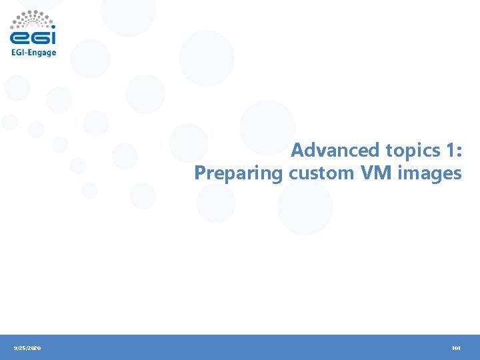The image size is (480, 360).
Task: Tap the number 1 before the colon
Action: [x=448, y=150]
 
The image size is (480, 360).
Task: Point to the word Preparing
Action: [x=239, y=173]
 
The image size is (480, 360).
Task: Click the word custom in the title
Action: [x=322, y=173]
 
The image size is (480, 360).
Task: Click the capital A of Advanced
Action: [x=297, y=150]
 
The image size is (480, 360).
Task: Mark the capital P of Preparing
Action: [x=199, y=173]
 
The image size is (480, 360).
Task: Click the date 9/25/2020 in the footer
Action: [x=27, y=348]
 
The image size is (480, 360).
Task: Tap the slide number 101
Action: [x=456, y=348]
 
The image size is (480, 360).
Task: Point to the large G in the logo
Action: [x=37, y=37]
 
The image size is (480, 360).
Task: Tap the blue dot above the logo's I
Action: [x=52, y=27]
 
